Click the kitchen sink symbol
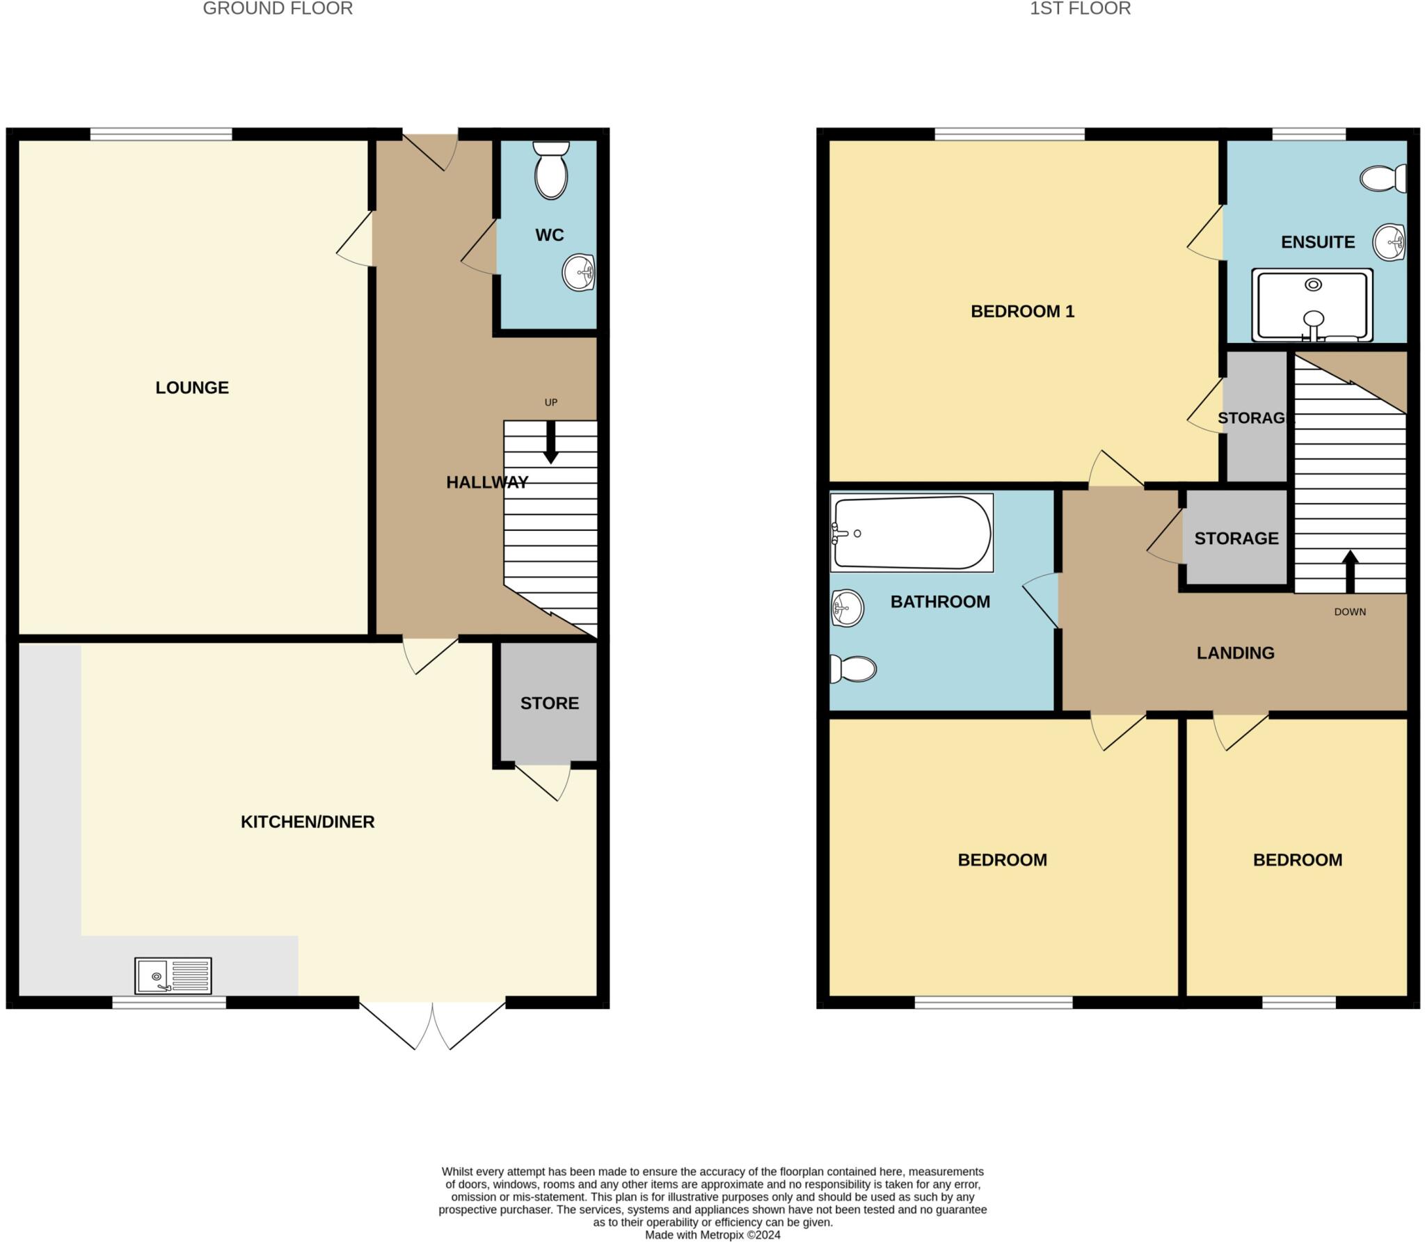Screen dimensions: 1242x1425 click(x=173, y=976)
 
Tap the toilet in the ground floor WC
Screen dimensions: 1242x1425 click(x=551, y=171)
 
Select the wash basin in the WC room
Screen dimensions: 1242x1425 click(x=578, y=272)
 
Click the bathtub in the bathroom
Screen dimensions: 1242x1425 click(x=911, y=533)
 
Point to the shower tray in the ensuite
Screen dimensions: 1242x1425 click(x=1312, y=305)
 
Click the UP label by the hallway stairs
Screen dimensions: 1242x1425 click(x=551, y=402)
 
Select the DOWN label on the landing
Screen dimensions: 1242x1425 click(x=1350, y=612)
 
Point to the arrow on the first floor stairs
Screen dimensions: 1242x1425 click(x=1350, y=570)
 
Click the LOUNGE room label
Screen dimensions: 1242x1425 click(x=192, y=388)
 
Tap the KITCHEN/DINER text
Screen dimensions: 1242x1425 click(x=308, y=822)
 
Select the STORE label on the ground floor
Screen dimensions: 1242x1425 click(x=550, y=703)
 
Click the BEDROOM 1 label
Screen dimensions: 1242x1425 click(x=1022, y=311)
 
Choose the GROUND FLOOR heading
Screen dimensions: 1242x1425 click(x=278, y=8)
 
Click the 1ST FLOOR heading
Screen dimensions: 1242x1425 click(x=1080, y=8)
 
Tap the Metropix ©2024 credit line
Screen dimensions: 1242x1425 click(x=712, y=1234)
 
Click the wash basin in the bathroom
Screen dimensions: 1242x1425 click(x=847, y=608)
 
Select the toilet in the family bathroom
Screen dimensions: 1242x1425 click(x=853, y=669)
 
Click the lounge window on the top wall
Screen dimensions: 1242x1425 click(x=161, y=134)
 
